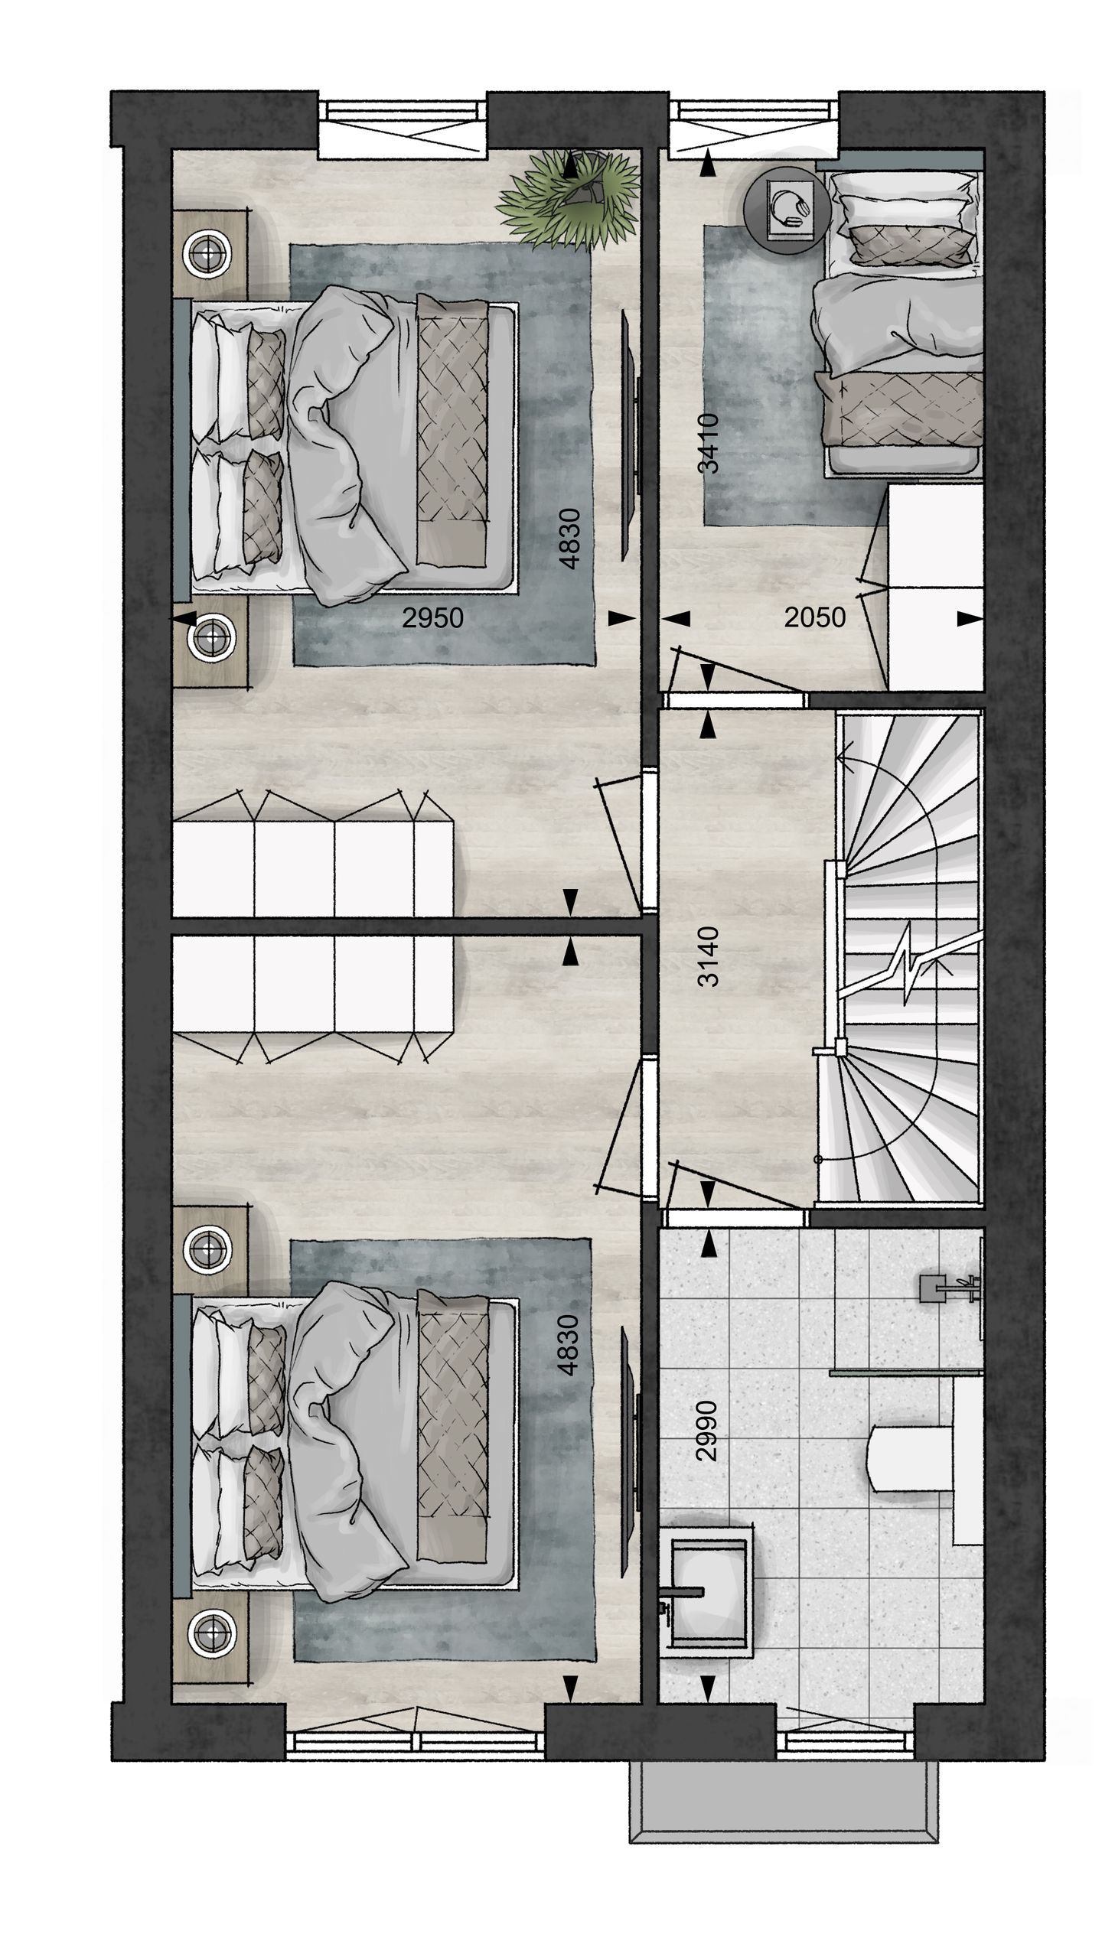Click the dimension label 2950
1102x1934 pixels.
[x=432, y=617]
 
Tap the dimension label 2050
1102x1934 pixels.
[x=814, y=617]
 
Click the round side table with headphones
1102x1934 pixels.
[x=787, y=206]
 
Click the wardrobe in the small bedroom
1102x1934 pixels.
[x=935, y=589]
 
